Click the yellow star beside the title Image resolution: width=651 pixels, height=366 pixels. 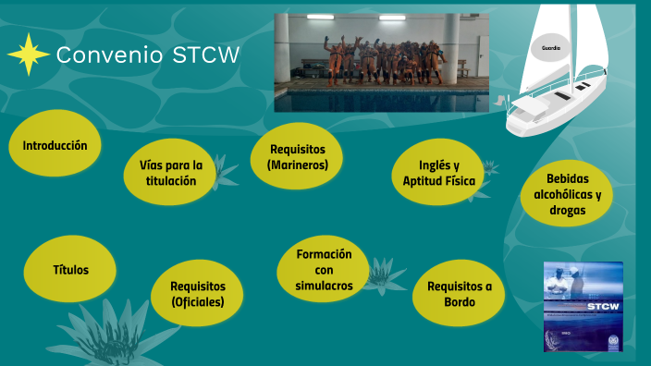tap(29, 55)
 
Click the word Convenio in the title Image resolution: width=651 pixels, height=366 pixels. tap(110, 55)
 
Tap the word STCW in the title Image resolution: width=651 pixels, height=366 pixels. tap(205, 55)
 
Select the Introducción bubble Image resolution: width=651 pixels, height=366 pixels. tap(55, 145)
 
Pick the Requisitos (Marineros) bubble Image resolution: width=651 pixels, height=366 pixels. tap(296, 157)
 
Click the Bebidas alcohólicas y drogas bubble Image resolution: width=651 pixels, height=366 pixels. tap(567, 194)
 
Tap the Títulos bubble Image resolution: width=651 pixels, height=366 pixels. tap(70, 270)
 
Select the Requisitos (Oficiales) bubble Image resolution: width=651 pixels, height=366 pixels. tap(198, 294)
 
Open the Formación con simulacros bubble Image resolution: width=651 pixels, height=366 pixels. tap(324, 270)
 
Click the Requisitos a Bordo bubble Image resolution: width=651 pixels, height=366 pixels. tap(459, 294)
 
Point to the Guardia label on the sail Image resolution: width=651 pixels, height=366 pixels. tap(551, 46)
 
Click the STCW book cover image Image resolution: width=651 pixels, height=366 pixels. tap(583, 306)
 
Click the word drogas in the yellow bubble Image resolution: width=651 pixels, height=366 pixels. tap(566, 210)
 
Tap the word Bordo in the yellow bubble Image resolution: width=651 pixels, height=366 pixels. tap(460, 302)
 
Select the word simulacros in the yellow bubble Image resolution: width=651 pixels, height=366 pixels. tap(324, 286)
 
